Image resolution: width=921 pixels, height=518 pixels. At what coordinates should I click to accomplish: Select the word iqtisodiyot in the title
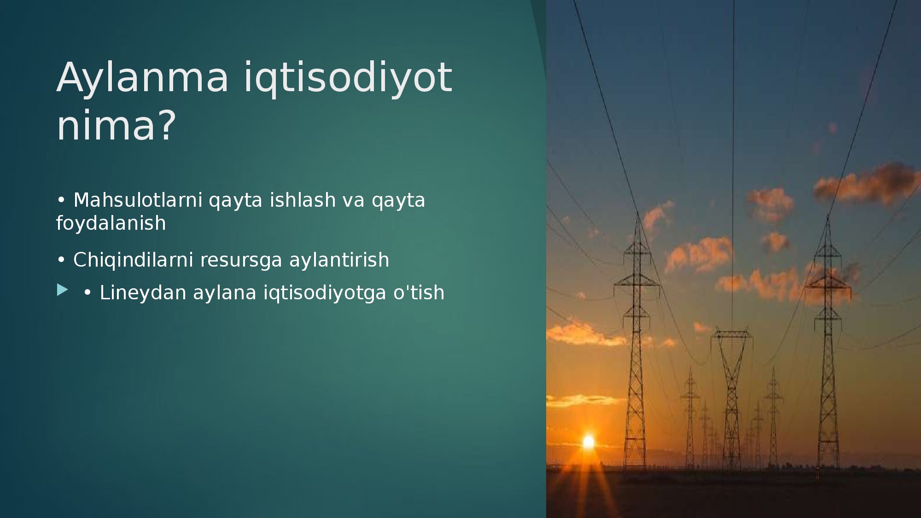pyautogui.click(x=348, y=77)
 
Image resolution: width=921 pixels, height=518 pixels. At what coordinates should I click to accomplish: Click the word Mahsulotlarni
pyautogui.click(x=138, y=200)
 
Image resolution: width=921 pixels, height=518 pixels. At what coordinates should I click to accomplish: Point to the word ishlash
pyautogui.click(x=303, y=200)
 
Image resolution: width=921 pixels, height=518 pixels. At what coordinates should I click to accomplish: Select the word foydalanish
pyautogui.click(x=111, y=223)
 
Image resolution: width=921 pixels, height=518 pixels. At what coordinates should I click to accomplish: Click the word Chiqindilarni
pyautogui.click(x=133, y=260)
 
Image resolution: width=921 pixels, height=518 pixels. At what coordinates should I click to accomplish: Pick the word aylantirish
pyautogui.click(x=339, y=260)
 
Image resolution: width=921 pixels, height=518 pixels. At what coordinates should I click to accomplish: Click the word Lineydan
pyautogui.click(x=143, y=293)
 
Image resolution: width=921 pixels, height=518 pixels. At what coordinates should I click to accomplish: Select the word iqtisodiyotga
pyautogui.click(x=325, y=293)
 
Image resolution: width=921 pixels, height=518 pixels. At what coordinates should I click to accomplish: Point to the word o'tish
pyautogui.click(x=419, y=293)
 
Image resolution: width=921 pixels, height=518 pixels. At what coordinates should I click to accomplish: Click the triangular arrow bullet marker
pyautogui.click(x=63, y=290)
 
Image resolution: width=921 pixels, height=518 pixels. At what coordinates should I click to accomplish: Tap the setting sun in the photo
pyautogui.click(x=589, y=442)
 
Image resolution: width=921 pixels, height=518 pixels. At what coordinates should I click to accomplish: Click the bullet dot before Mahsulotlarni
pyautogui.click(x=61, y=200)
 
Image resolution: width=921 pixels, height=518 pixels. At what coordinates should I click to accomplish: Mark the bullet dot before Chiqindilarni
pyautogui.click(x=61, y=260)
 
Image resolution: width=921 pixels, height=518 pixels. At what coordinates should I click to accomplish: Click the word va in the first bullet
pyautogui.click(x=354, y=201)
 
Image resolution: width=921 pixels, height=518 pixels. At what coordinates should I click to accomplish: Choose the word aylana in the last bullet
pyautogui.click(x=224, y=293)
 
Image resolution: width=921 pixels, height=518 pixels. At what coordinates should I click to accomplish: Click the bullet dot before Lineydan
pyautogui.click(x=87, y=293)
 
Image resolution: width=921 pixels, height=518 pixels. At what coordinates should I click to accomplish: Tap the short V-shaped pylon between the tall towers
pyautogui.click(x=731, y=396)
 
